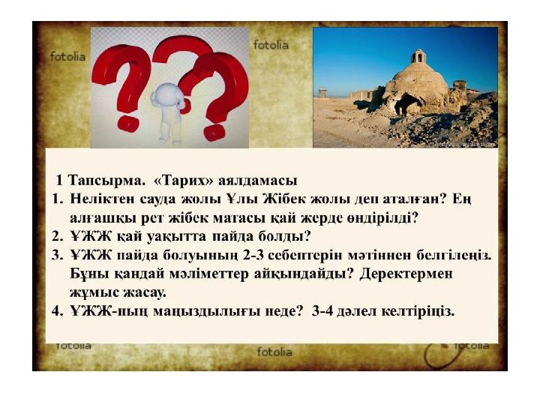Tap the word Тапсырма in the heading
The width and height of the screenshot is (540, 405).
pyautogui.click(x=106, y=181)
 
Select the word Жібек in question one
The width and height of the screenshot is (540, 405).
pyautogui.click(x=284, y=199)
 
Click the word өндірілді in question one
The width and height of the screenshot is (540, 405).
pyautogui.click(x=382, y=218)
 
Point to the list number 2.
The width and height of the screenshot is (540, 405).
pyautogui.click(x=57, y=236)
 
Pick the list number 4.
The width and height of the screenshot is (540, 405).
pyautogui.click(x=57, y=311)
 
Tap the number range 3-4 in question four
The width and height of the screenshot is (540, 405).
pyautogui.click(x=322, y=311)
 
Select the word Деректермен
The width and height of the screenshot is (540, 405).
pyautogui.click(x=406, y=274)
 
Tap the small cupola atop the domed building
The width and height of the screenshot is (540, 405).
pyautogui.click(x=418, y=56)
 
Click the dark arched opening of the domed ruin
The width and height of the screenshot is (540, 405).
pyautogui.click(x=409, y=104)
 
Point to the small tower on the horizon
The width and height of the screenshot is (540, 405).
pyautogui.click(x=322, y=93)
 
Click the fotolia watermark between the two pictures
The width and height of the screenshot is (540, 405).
pyautogui.click(x=271, y=45)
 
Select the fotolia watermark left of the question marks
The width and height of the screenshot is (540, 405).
pyautogui.click(x=67, y=56)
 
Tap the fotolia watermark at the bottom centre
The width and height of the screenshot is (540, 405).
pyautogui.click(x=274, y=352)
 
